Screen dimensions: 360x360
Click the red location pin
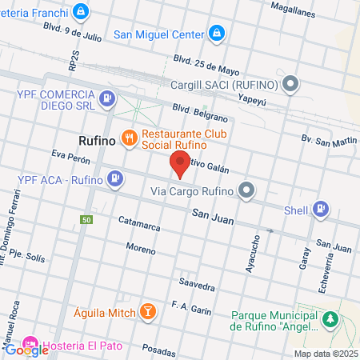click(180, 164)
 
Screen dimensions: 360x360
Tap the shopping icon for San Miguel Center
click(216, 33)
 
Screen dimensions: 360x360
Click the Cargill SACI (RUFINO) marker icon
click(290, 83)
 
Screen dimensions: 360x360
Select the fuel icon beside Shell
click(321, 208)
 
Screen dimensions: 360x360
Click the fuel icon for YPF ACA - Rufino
click(116, 178)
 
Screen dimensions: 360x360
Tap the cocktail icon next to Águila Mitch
click(147, 311)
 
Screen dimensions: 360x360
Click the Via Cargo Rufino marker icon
click(246, 190)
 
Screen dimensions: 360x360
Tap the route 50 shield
click(86, 218)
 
